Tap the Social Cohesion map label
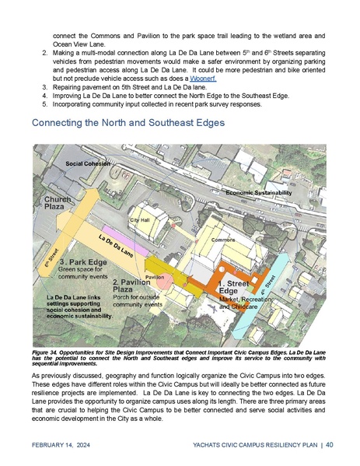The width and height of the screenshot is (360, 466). pyautogui.click(x=86, y=165)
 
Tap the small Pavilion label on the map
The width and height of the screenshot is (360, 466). pyautogui.click(x=155, y=277)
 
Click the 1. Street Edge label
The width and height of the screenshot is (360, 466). pyautogui.click(x=232, y=287)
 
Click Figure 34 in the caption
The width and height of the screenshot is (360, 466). pyautogui.click(x=47, y=353)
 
